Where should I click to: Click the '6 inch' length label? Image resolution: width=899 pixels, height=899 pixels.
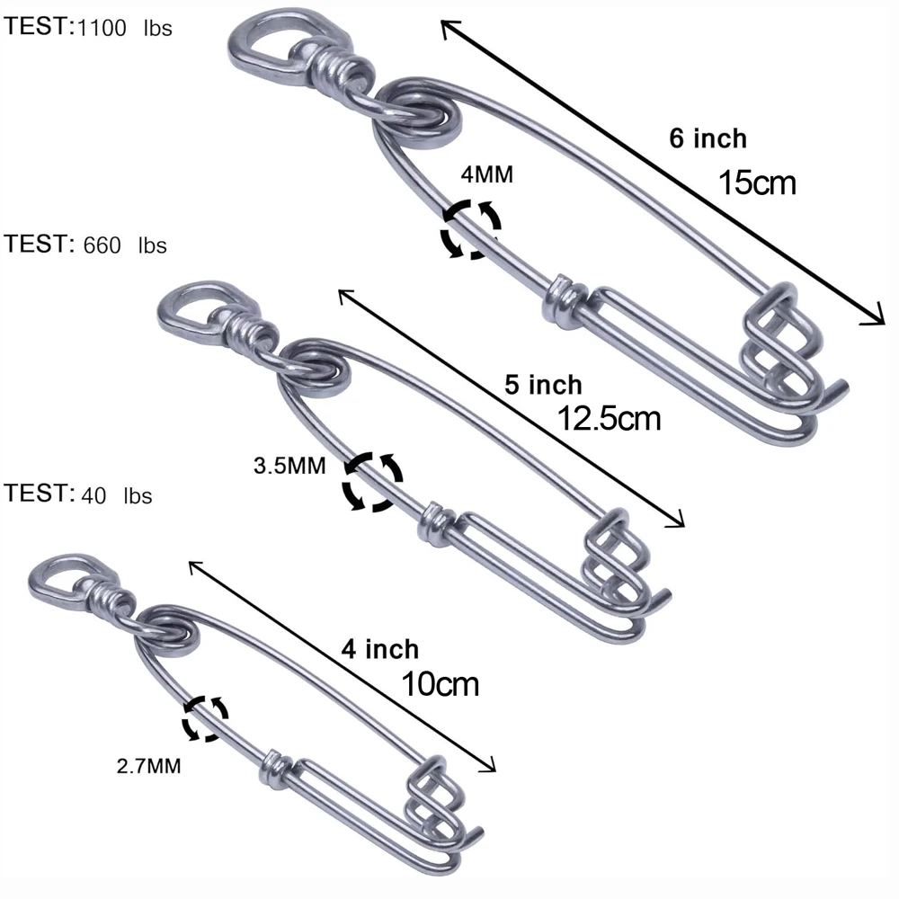coord(708,138)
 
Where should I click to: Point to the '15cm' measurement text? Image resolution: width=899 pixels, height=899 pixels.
coord(757,182)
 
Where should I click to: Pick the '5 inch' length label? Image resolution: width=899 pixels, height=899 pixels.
coord(542,385)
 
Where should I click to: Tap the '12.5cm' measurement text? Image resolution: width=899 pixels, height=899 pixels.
coord(610,418)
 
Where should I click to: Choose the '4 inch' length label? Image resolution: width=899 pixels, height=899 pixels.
coord(379,648)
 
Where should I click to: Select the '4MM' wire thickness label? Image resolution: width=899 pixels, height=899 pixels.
coord(486,174)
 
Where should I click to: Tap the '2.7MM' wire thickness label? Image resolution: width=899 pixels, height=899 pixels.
coord(149,767)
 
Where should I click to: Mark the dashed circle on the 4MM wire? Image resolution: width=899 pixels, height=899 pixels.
coord(471,229)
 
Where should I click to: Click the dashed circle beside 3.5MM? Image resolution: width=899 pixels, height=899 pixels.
coord(371,482)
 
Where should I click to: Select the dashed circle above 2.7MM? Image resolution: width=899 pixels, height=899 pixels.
coord(205,717)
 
